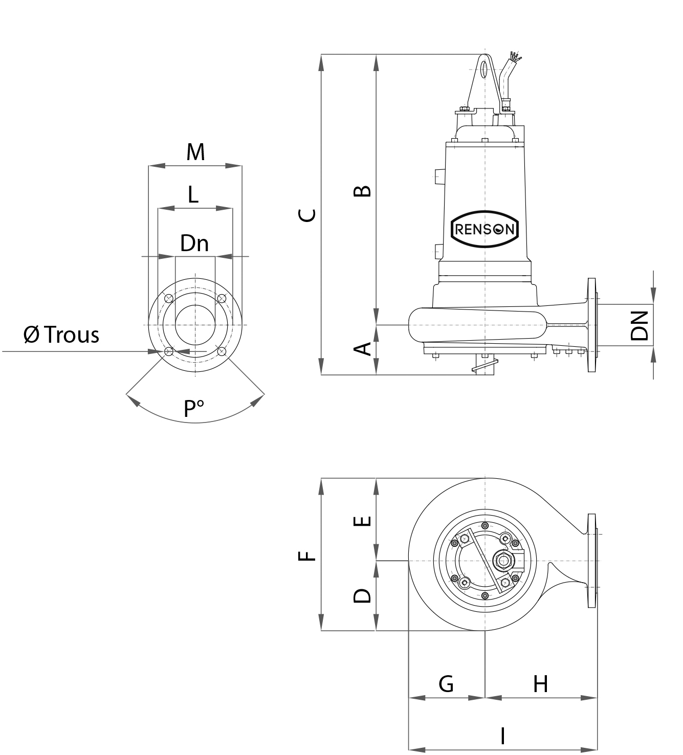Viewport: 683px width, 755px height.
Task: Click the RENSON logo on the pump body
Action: click(x=484, y=229)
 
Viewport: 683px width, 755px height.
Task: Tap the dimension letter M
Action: click(x=195, y=152)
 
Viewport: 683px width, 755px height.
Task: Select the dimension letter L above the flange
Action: click(x=192, y=194)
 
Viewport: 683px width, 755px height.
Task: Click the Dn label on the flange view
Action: click(x=194, y=243)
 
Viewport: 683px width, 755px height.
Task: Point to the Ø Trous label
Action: click(x=61, y=335)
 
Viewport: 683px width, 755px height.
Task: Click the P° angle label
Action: click(x=193, y=408)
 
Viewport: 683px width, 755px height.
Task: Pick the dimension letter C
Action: click(x=307, y=215)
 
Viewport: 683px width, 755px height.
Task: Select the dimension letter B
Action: click(x=363, y=191)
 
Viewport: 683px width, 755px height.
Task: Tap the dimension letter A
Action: click(x=363, y=349)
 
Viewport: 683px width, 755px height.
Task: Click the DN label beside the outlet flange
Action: click(x=640, y=326)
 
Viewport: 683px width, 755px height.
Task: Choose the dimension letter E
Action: click(x=363, y=521)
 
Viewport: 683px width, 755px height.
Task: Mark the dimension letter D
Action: click(x=363, y=595)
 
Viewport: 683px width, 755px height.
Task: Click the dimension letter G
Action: click(x=446, y=683)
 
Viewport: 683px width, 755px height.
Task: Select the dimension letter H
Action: click(x=540, y=683)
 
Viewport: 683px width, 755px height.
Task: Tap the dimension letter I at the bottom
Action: click(x=503, y=736)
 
